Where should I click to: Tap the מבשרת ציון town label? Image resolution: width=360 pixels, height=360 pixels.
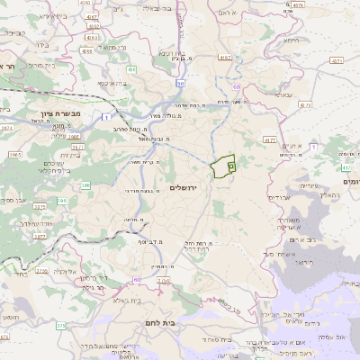point(61,116)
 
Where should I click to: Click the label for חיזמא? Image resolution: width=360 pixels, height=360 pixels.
point(290,40)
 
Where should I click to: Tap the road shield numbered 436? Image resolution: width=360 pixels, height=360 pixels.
point(131,68)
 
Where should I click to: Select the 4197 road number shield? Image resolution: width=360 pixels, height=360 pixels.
point(225,57)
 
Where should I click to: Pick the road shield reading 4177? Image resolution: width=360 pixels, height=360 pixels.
point(270,140)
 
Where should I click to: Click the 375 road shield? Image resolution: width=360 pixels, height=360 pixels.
point(60,325)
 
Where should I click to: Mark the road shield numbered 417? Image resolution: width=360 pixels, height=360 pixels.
point(347,166)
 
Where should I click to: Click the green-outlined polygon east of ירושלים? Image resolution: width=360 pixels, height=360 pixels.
point(222,166)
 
